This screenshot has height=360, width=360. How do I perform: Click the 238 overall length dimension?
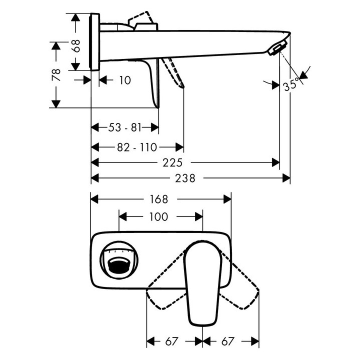[185, 178]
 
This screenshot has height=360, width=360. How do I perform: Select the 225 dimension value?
[172, 162]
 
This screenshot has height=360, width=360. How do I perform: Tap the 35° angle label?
[291, 84]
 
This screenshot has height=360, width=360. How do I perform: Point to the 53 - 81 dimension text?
[125, 127]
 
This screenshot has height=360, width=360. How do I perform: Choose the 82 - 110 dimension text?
[137, 147]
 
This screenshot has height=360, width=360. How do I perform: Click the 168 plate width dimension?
[159, 199]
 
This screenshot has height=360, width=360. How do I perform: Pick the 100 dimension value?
[158, 216]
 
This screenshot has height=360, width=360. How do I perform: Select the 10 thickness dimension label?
[125, 80]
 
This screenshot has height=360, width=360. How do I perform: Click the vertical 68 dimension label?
[75, 45]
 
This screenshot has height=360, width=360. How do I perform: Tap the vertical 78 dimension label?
[56, 74]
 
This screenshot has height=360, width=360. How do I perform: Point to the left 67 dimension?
[171, 341]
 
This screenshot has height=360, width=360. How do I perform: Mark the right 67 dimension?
[228, 341]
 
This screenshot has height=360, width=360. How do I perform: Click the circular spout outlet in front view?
[119, 260]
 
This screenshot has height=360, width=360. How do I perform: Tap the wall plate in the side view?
[94, 42]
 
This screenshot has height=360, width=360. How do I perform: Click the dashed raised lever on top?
[140, 18]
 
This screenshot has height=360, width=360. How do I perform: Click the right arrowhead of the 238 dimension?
[286, 178]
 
